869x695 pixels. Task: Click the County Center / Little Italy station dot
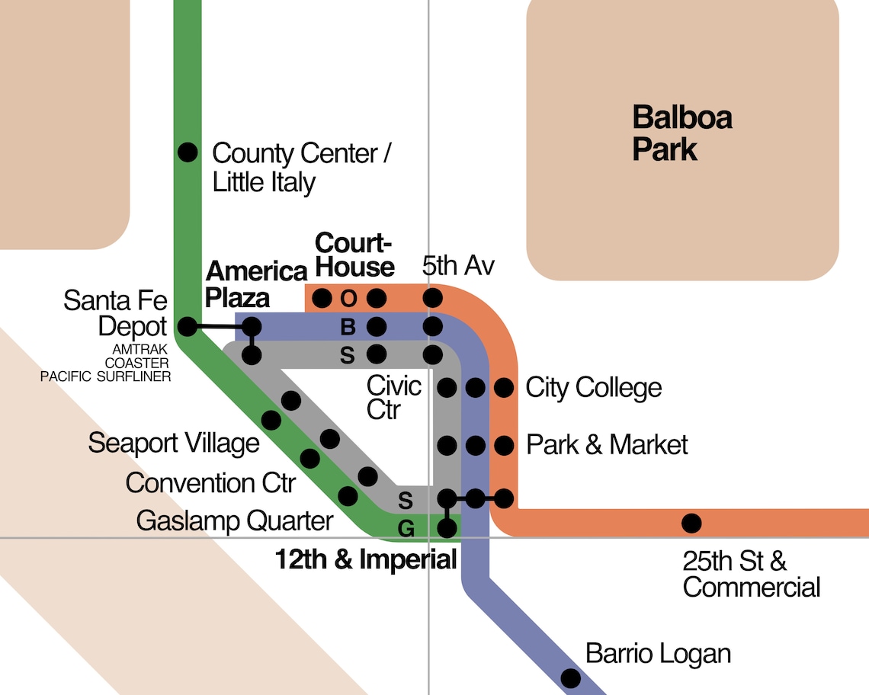(188, 152)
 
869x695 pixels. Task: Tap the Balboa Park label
(682, 133)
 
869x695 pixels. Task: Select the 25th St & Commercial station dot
(691, 523)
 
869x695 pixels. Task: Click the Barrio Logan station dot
(570, 677)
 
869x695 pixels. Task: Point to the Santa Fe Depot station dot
(187, 328)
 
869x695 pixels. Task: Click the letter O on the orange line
(348, 297)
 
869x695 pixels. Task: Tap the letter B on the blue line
(348, 328)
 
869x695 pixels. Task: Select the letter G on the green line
(406, 527)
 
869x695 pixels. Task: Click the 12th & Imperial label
(365, 560)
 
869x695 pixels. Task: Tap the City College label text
(594, 388)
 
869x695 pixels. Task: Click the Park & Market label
(607, 444)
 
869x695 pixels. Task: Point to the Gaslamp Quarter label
(235, 521)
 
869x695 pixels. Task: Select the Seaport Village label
(174, 443)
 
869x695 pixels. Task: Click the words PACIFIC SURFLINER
(106, 376)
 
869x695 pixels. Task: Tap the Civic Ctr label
(393, 397)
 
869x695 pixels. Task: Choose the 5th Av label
(459, 267)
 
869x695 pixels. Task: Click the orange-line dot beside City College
(503, 388)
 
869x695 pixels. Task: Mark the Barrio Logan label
(658, 653)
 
